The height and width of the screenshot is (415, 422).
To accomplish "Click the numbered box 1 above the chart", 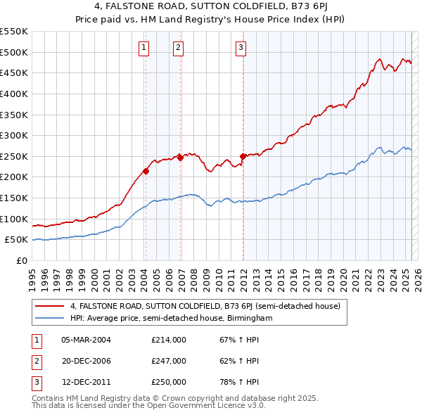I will [143, 48].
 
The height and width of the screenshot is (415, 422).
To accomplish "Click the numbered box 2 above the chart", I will [178, 48].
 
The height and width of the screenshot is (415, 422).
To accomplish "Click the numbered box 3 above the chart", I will [241, 48].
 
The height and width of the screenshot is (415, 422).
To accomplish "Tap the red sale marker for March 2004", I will [146, 171].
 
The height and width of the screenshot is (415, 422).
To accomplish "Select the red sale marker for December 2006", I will [180, 158].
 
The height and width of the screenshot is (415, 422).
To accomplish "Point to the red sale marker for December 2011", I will [243, 156].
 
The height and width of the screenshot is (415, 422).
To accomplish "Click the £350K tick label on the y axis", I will [14, 114].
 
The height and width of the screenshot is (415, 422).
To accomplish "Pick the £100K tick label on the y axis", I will [14, 219].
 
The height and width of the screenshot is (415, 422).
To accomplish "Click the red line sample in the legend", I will [49, 307].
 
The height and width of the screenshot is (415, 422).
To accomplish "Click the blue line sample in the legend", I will [49, 319].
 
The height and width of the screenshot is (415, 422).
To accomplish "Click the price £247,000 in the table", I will [169, 361].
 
